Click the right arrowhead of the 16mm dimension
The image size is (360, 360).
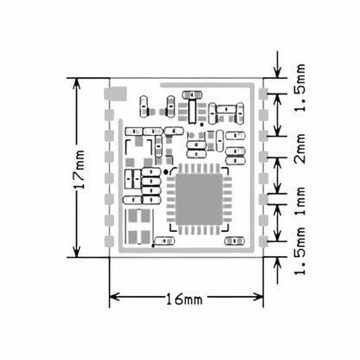point(259,298)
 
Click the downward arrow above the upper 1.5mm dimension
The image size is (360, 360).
point(277,69)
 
